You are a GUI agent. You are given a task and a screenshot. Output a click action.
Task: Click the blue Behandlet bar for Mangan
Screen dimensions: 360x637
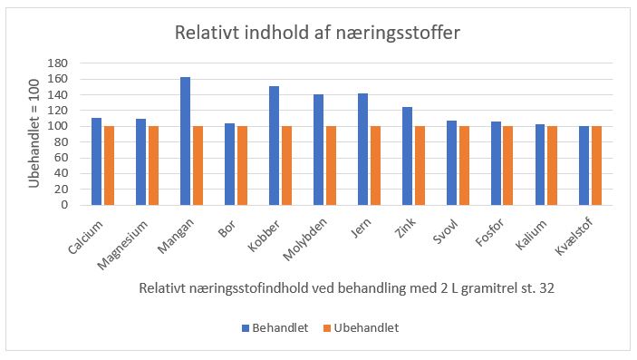[185, 141]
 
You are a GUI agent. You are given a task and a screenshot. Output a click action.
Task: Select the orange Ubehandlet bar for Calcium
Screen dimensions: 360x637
[109, 165]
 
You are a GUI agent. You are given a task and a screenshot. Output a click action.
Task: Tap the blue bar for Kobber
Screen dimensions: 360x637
[274, 145]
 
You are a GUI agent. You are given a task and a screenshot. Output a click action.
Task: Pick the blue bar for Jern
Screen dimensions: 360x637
[362, 149]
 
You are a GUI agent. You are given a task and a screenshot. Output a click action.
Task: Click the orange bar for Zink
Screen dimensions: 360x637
[420, 165]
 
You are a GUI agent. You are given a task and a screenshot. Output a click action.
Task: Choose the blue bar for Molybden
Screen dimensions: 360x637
[318, 150]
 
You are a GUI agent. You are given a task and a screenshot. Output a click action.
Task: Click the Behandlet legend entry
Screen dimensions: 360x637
[277, 327]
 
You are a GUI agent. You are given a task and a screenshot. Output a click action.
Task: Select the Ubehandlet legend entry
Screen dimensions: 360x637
[362, 327]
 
